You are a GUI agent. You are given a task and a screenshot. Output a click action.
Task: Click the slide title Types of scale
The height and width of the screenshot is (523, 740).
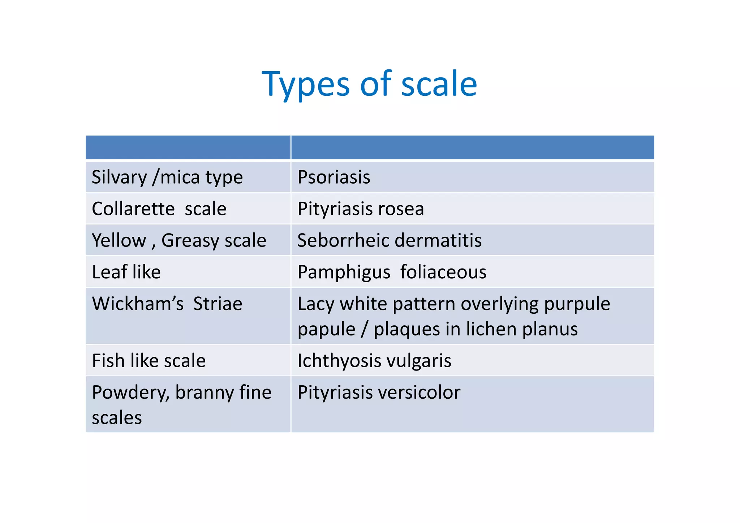[369, 84]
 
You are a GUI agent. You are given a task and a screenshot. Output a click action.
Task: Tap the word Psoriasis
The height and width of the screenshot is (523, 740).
[334, 177]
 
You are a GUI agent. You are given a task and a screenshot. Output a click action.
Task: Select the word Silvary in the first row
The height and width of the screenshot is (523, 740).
[119, 177]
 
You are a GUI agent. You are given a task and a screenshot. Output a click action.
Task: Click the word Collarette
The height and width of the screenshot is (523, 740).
[133, 209]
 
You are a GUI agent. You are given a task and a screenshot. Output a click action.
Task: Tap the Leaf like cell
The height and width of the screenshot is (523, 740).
[126, 272]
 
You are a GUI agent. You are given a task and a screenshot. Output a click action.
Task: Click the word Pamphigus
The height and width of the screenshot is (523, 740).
[344, 272]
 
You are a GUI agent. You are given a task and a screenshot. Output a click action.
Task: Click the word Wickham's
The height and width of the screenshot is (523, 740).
[138, 304]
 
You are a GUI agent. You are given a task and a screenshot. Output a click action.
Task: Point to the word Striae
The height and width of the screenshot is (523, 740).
[218, 304]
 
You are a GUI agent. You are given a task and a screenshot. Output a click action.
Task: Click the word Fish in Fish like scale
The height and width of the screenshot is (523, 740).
[108, 360]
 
